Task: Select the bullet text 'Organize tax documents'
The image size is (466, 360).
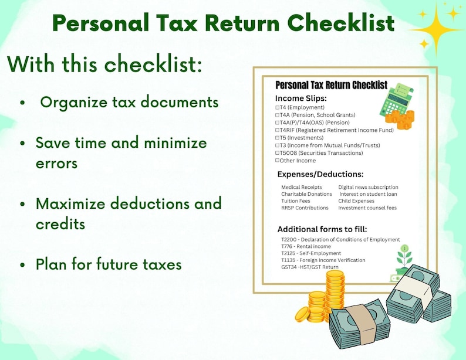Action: point(129,102)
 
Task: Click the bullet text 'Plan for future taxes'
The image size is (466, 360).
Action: point(109,264)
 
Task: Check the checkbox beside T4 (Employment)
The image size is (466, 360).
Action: point(277,108)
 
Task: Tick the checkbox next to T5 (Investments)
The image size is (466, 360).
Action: point(277,138)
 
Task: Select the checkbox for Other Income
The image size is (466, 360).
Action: point(277,161)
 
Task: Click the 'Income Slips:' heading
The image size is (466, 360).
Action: point(301,98)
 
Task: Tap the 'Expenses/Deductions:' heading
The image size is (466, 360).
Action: point(320,174)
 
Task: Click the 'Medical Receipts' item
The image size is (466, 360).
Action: point(302,187)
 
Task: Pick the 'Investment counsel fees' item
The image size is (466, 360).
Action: point(367,208)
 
